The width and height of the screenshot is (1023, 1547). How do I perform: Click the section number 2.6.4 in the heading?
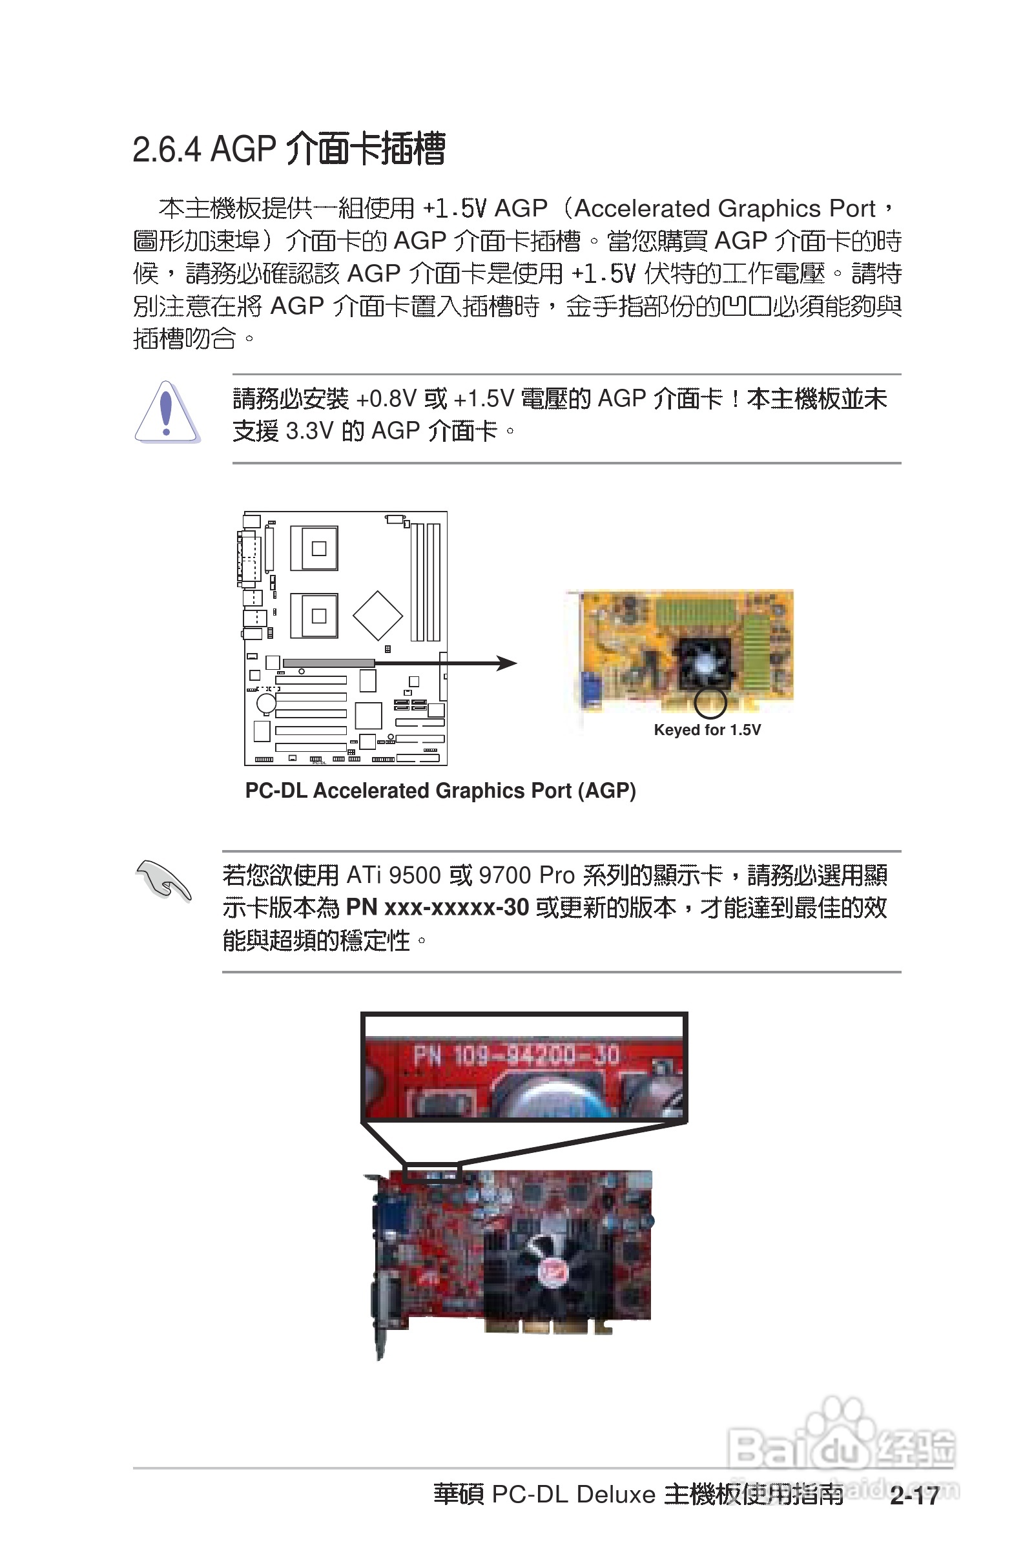click(x=167, y=150)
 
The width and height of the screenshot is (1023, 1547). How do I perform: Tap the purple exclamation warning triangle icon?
click(x=167, y=413)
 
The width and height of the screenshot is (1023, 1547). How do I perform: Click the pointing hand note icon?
click(x=163, y=881)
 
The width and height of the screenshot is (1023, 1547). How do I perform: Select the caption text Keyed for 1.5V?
click(x=707, y=730)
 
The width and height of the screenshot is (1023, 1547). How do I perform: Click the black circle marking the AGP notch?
click(x=710, y=702)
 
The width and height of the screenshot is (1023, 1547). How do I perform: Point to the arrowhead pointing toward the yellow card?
click(x=508, y=663)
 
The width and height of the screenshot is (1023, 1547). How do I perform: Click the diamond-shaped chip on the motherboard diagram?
click(x=377, y=616)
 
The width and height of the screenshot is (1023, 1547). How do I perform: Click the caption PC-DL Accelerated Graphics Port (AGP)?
click(x=440, y=791)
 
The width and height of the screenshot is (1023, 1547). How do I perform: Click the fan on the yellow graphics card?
click(x=705, y=662)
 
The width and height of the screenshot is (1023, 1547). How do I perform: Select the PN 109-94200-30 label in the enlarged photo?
click(x=515, y=1055)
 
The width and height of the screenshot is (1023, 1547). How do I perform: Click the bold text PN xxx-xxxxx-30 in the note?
click(x=437, y=908)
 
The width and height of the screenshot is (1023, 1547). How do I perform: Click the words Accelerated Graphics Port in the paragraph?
click(x=724, y=209)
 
